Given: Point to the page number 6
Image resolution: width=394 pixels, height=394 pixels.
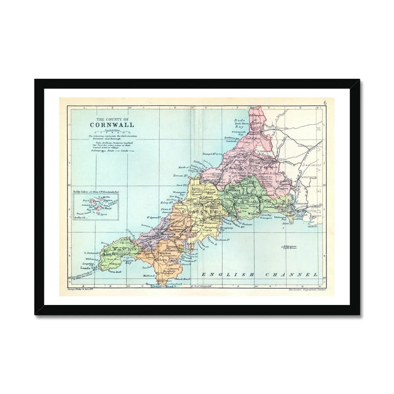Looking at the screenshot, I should point(325,102).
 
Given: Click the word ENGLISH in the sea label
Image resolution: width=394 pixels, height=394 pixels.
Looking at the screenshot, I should point(222,274).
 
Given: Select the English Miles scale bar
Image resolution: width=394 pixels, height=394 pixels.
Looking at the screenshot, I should point(109,132).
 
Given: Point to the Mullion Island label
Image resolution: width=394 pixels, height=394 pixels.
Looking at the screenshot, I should point(150,275).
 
